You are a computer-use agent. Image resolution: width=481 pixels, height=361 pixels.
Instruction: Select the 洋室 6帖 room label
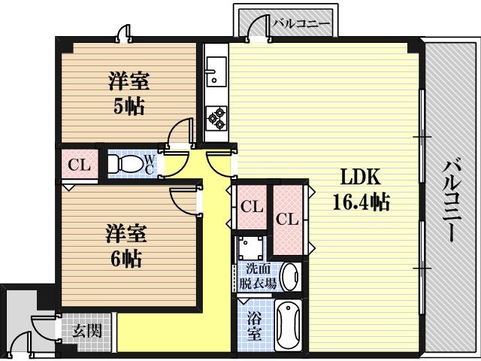click(x=124, y=247)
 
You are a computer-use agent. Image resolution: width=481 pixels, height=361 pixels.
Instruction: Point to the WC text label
click(x=150, y=163)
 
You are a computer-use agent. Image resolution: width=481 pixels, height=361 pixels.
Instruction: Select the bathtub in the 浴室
click(x=289, y=324)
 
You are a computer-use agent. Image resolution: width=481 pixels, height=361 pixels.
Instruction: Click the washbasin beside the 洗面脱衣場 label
click(x=291, y=277)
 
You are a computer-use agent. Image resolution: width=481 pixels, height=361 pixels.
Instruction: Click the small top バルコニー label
click(x=301, y=23)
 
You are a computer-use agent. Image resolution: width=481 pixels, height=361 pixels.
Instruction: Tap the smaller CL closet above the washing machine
click(x=252, y=206)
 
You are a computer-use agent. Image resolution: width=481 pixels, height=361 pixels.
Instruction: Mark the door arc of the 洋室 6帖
click(x=184, y=199)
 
